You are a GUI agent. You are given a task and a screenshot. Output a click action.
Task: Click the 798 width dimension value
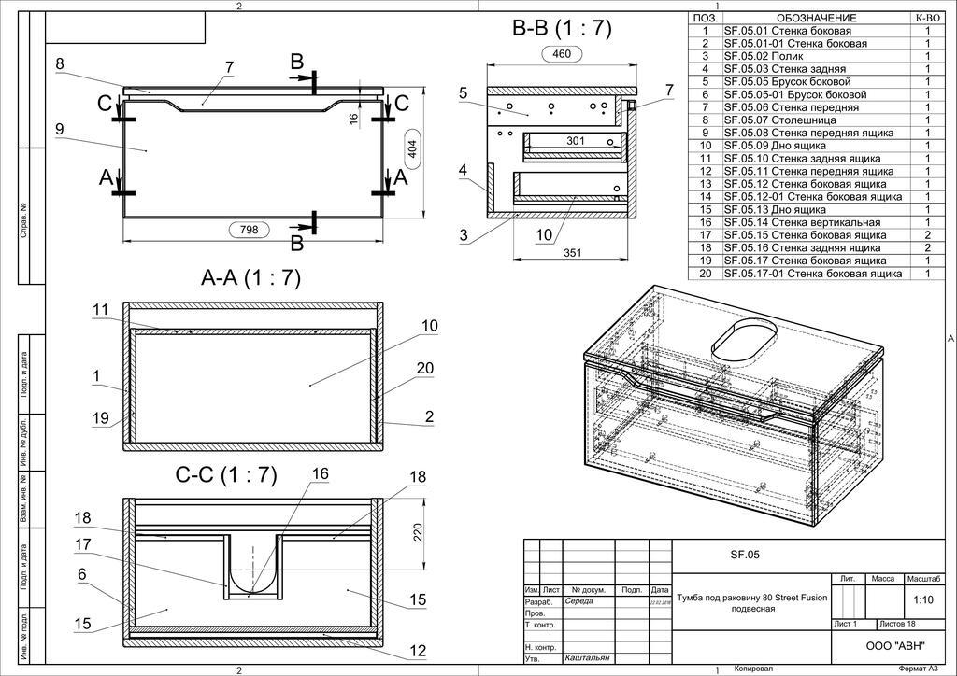coord(250,229)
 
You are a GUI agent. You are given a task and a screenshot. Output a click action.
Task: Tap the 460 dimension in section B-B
coord(562,54)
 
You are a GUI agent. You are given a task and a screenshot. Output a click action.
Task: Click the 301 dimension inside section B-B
coord(576,141)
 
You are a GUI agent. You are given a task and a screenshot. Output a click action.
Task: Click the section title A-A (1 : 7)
coord(251,277)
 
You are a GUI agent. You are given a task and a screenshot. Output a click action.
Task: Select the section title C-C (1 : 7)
coord(226,474)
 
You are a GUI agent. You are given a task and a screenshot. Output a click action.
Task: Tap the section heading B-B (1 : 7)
coord(562,28)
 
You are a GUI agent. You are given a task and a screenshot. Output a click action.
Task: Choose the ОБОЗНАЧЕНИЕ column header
coord(815,18)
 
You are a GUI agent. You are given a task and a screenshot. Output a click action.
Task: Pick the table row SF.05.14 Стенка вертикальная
coord(802,222)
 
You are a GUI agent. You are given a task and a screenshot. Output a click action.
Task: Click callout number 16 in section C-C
coord(320,474)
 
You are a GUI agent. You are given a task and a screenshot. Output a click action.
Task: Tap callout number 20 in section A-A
coord(425,368)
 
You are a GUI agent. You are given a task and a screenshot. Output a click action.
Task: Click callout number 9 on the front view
coord(59,130)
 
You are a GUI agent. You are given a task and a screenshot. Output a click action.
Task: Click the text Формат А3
coord(919,669)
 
